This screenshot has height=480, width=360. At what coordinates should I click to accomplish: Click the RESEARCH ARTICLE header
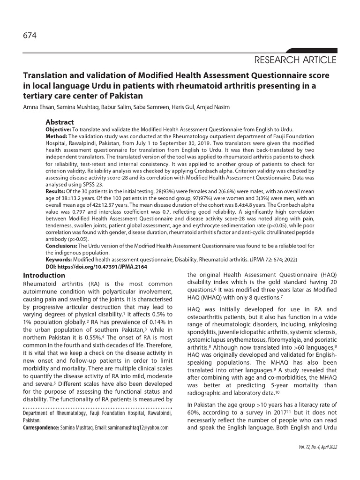(x=295, y=60)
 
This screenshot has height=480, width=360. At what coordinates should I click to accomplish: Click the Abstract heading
(x=60, y=122)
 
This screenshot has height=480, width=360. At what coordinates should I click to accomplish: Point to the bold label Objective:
(x=59, y=129)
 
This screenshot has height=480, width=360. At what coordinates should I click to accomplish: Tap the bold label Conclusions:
(x=61, y=246)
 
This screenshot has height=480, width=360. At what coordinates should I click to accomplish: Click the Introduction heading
(x=44, y=276)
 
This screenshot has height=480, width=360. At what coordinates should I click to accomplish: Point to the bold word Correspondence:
(x=41, y=427)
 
